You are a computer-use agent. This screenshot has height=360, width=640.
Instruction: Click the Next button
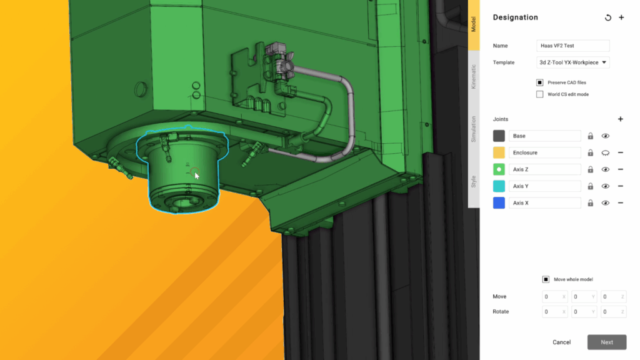point(606,342)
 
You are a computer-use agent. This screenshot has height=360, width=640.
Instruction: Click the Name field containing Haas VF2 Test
point(572,46)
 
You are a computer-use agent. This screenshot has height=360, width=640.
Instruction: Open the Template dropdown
point(572,62)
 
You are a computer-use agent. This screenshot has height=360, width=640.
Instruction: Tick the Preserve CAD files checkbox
point(539,82)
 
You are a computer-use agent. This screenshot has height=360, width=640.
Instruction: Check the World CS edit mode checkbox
point(539,94)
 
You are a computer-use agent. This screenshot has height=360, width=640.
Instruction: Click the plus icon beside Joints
point(621,119)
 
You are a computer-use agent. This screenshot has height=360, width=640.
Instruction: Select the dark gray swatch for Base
point(499,136)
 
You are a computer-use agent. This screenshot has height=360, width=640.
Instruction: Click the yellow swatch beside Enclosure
point(499,152)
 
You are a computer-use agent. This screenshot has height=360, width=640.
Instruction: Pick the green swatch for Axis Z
point(499,169)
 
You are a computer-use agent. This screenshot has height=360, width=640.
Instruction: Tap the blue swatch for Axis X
point(499,203)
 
